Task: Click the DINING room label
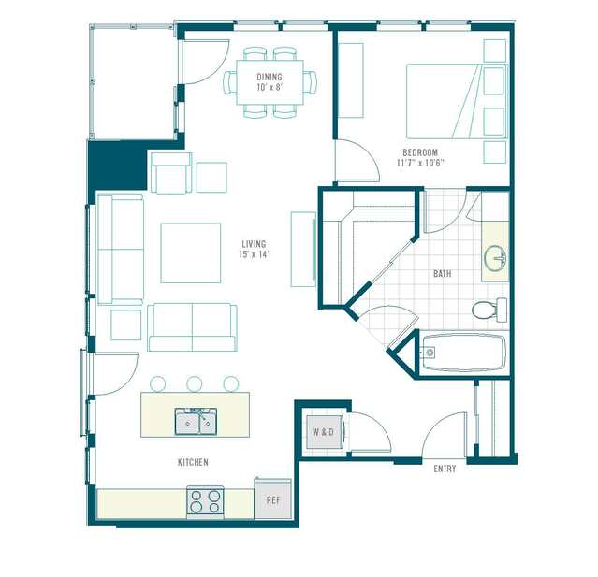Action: [270, 77]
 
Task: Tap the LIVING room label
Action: [254, 244]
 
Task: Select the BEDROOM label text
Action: [420, 152]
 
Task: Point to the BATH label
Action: [443, 274]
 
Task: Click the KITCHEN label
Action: [193, 462]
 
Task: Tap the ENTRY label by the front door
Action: [445, 469]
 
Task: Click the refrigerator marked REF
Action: [273, 498]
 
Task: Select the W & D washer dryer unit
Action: [325, 432]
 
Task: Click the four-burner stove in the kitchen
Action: [205, 502]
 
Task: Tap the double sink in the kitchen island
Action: [196, 422]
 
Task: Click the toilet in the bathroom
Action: [489, 310]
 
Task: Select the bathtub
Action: [464, 353]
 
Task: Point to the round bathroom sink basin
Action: [495, 258]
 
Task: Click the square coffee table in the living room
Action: [191, 253]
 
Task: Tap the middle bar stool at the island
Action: [195, 383]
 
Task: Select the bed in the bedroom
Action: [457, 101]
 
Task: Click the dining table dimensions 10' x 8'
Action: [270, 87]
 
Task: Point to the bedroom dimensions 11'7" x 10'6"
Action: [420, 163]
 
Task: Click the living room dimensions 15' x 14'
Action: [254, 254]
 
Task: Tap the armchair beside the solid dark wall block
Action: [171, 173]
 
